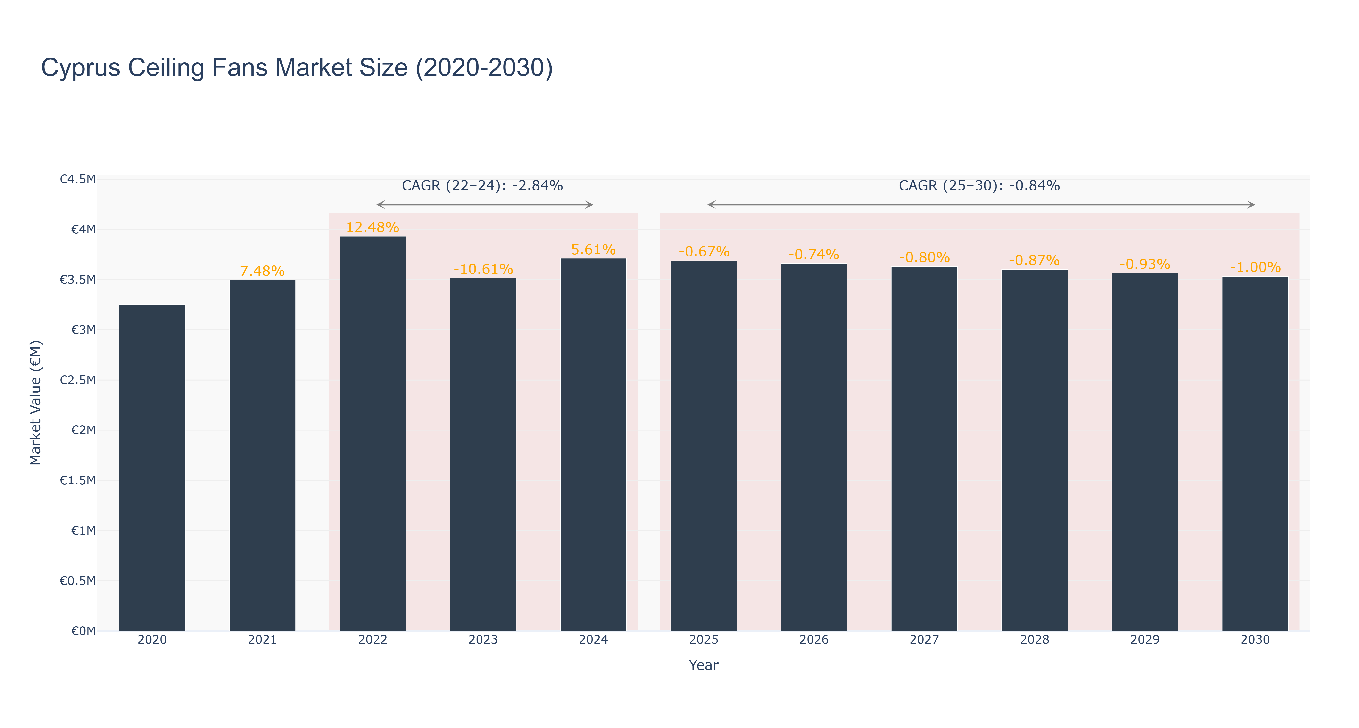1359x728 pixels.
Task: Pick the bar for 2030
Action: pyautogui.click(x=1255, y=454)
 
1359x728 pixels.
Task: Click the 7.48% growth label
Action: pyautogui.click(x=262, y=271)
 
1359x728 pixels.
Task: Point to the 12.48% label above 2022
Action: pyautogui.click(x=373, y=227)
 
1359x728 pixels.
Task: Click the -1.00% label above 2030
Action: pyautogui.click(x=1255, y=267)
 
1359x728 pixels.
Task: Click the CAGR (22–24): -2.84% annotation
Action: pyautogui.click(x=482, y=186)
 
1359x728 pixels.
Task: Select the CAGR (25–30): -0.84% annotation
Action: pyautogui.click(x=979, y=186)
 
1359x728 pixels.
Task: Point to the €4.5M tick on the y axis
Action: pyautogui.click(x=78, y=179)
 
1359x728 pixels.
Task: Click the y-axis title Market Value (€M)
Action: pyautogui.click(x=35, y=403)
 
